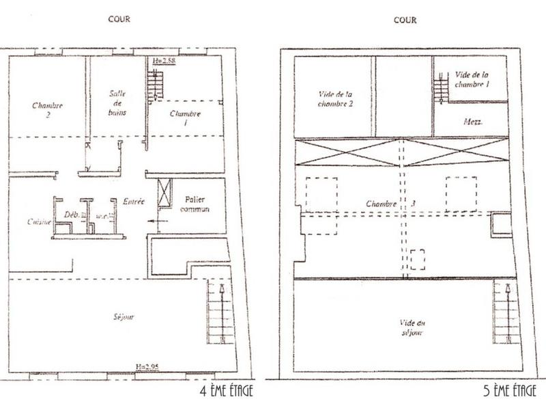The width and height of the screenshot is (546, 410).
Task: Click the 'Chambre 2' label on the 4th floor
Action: (x=48, y=111)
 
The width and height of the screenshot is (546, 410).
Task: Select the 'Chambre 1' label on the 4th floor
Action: (x=185, y=118)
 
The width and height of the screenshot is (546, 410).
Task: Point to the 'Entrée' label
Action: (x=133, y=202)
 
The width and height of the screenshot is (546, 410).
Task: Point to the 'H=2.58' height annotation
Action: (x=164, y=61)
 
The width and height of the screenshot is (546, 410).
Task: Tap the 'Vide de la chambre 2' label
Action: (x=334, y=99)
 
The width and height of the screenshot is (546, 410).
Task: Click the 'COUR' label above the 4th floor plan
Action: (x=120, y=19)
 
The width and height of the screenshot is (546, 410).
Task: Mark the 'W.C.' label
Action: (x=102, y=216)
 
